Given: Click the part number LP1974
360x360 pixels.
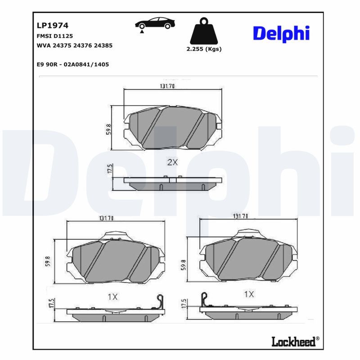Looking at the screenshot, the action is [53, 25].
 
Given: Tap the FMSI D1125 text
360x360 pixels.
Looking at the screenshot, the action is [55, 36].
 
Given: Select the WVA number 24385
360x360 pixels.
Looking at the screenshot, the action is [103, 45].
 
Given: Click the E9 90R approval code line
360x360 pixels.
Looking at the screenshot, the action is [73, 64].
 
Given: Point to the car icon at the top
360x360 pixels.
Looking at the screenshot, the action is [155, 24].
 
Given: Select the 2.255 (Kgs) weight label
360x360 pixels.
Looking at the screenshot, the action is [204, 49].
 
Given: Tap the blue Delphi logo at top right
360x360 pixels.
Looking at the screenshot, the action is [281, 34].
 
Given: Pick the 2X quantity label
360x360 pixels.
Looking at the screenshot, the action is [172, 162].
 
